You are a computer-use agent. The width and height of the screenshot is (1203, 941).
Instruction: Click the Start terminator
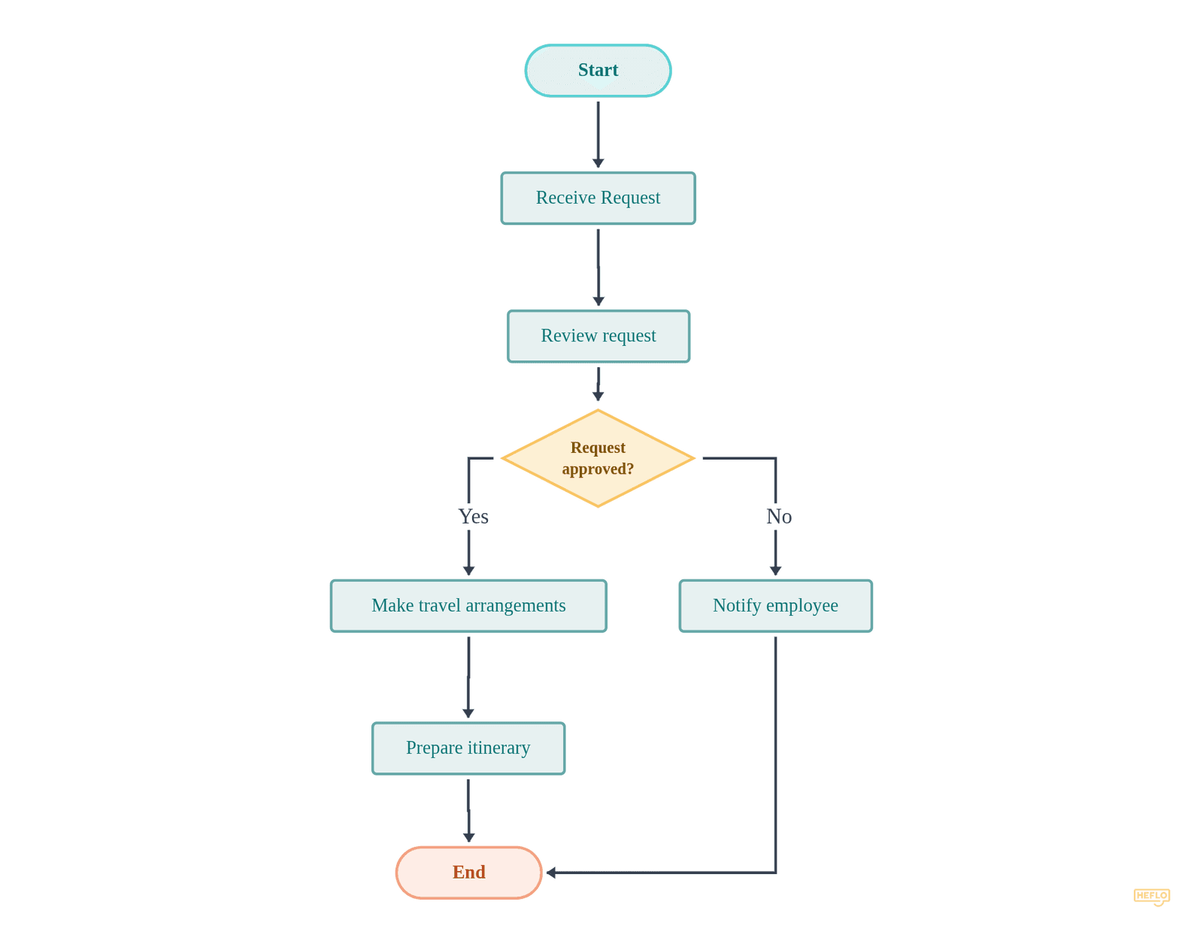click(x=598, y=71)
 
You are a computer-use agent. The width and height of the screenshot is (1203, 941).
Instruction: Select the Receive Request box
click(x=598, y=198)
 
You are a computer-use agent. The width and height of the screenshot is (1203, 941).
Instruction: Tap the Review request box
click(x=598, y=336)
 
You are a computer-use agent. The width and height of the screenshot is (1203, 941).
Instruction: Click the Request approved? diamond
click(x=598, y=458)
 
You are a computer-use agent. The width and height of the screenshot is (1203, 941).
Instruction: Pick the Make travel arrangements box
click(x=468, y=606)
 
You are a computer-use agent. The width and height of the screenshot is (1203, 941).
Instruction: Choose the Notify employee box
click(x=775, y=606)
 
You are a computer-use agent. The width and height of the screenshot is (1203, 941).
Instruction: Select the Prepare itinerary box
click(x=468, y=748)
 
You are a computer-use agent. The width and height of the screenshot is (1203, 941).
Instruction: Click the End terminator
click(x=468, y=873)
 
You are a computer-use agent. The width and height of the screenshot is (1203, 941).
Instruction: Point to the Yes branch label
click(x=473, y=517)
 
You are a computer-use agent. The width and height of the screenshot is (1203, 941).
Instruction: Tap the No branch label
click(x=779, y=517)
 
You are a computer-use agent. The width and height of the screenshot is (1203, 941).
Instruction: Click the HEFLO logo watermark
click(x=1151, y=896)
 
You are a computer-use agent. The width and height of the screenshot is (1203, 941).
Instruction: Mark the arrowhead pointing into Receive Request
click(x=598, y=163)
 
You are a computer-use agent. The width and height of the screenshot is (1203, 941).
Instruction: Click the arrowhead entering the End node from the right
click(x=551, y=873)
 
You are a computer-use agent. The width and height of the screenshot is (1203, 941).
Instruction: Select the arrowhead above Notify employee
click(x=775, y=571)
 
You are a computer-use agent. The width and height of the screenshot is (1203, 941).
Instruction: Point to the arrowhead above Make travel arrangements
click(x=468, y=571)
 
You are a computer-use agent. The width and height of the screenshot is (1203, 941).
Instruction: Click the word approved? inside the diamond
click(x=598, y=469)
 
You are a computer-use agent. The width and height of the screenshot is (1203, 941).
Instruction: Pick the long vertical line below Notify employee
click(x=775, y=752)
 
